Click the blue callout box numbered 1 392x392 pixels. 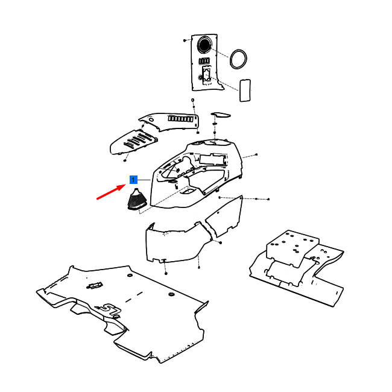point(133,180)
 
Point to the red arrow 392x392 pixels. point(111,192)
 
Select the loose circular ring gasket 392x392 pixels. point(238,59)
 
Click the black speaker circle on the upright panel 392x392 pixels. point(204,45)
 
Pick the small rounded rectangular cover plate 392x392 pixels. point(245,90)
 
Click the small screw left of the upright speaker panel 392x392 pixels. point(185,40)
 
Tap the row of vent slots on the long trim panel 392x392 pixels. point(181,118)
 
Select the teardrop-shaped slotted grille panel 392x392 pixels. point(134,142)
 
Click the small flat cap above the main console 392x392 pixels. point(221,115)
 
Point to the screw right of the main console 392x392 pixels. point(256,154)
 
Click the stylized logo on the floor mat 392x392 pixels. point(109,309)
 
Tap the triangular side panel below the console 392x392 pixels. point(224,217)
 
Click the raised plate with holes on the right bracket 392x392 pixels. point(292,247)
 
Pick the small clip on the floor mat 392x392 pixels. point(95,285)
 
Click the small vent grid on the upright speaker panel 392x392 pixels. point(204,61)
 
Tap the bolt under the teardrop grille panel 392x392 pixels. point(125,160)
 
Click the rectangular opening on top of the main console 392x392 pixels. point(212,159)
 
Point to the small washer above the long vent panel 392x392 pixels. point(193,100)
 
